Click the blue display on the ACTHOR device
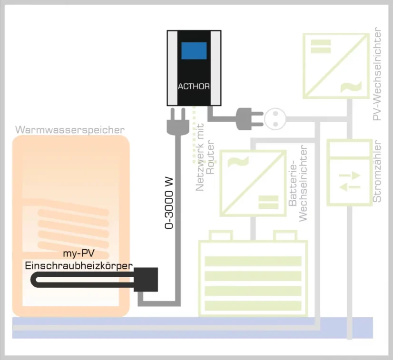[194, 51]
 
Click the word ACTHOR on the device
[194, 87]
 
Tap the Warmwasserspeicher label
[70, 130]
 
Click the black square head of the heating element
[146, 279]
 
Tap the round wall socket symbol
[274, 119]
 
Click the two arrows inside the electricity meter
[350, 181]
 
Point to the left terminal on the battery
[221, 236]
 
